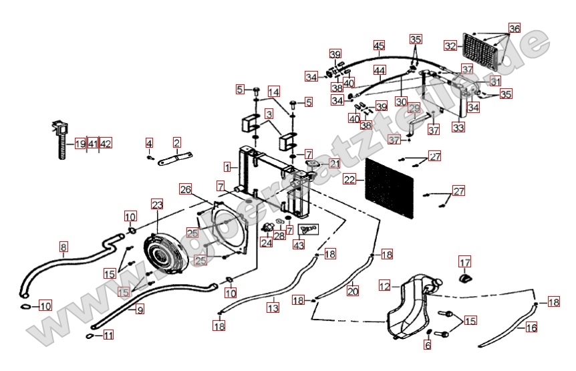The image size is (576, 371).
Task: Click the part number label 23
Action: pos(157,205)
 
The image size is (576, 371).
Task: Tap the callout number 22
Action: pos(349,179)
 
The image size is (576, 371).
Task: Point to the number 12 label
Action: pos(384,286)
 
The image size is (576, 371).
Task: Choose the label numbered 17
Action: pos(464,261)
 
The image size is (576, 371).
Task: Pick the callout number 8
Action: pos(63,246)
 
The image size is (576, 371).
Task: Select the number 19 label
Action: pos(80,144)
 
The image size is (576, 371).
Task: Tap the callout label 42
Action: pos(106,144)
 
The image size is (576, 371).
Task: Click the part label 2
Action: pos(177,142)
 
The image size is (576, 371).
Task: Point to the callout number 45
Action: pos(379,45)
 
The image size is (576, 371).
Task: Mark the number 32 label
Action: pos(450,45)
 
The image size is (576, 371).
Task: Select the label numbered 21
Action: pos(334,164)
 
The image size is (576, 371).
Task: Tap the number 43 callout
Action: pos(298,245)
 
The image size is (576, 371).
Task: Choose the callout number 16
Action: pos(531,328)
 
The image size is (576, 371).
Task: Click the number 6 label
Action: pos(428,346)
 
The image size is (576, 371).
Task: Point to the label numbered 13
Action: pos(273,308)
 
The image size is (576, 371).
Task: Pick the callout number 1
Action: pos(228,166)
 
